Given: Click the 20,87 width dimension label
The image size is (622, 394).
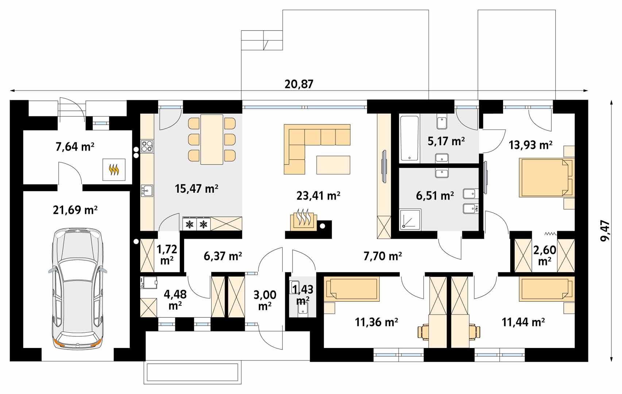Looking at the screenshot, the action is [x=299, y=84].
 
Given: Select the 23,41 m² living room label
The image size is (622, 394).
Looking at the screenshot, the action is [x=318, y=196].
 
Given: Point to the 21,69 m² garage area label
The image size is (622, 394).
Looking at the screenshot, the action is [x=75, y=210].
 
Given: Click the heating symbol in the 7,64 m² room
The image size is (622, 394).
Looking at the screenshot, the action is [x=114, y=170].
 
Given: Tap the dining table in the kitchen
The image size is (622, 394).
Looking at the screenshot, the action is [x=212, y=139].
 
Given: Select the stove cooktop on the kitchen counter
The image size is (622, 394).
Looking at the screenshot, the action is [x=147, y=146].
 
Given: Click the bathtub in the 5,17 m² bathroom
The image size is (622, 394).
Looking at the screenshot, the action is [x=409, y=139].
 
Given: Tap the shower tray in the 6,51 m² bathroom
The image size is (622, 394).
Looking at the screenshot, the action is [x=410, y=220].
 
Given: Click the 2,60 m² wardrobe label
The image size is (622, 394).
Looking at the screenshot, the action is [x=545, y=255].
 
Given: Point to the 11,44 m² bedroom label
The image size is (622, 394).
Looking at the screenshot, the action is [x=523, y=322].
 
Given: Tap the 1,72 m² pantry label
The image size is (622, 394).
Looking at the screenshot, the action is [x=167, y=255].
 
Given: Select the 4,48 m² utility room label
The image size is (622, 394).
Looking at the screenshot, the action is [x=175, y=300].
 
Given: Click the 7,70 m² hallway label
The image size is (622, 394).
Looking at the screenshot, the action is [x=383, y=256].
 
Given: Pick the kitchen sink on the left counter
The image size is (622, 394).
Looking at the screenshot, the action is [x=147, y=191].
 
